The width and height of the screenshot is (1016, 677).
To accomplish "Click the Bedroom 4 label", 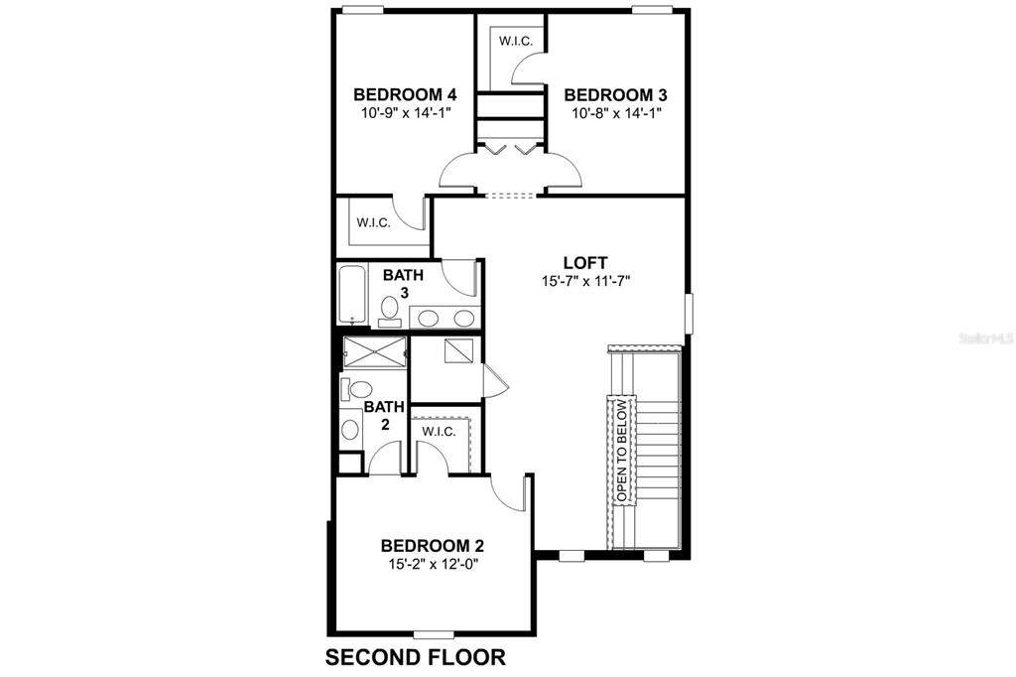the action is [405, 94].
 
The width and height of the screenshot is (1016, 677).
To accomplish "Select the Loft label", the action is [585, 263].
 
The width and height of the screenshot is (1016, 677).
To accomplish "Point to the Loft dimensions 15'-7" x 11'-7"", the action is [585, 282].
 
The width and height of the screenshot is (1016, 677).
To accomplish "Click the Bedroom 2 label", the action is [433, 545].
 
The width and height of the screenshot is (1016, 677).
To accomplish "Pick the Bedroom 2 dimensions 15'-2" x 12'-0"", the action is [433, 564].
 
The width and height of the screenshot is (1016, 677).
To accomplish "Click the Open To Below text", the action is [622, 450].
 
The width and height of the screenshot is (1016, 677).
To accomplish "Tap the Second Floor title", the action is [416, 657].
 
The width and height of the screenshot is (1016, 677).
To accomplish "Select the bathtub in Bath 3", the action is [352, 295].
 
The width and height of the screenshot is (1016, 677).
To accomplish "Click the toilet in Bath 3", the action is [390, 310].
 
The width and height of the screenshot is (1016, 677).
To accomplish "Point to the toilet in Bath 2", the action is [356, 389].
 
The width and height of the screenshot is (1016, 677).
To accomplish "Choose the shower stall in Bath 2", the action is [374, 352].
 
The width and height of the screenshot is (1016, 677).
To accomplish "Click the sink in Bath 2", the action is [350, 429].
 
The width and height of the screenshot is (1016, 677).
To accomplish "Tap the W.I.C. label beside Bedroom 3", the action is [516, 41].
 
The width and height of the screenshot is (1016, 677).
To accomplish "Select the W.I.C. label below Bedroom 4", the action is [373, 223].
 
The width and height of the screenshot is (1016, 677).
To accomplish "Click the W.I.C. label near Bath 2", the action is [439, 432].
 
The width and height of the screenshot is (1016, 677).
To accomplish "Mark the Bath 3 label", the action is [403, 283].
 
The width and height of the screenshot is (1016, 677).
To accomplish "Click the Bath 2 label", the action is [384, 416].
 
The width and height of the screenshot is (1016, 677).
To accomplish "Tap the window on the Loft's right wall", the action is [690, 314].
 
